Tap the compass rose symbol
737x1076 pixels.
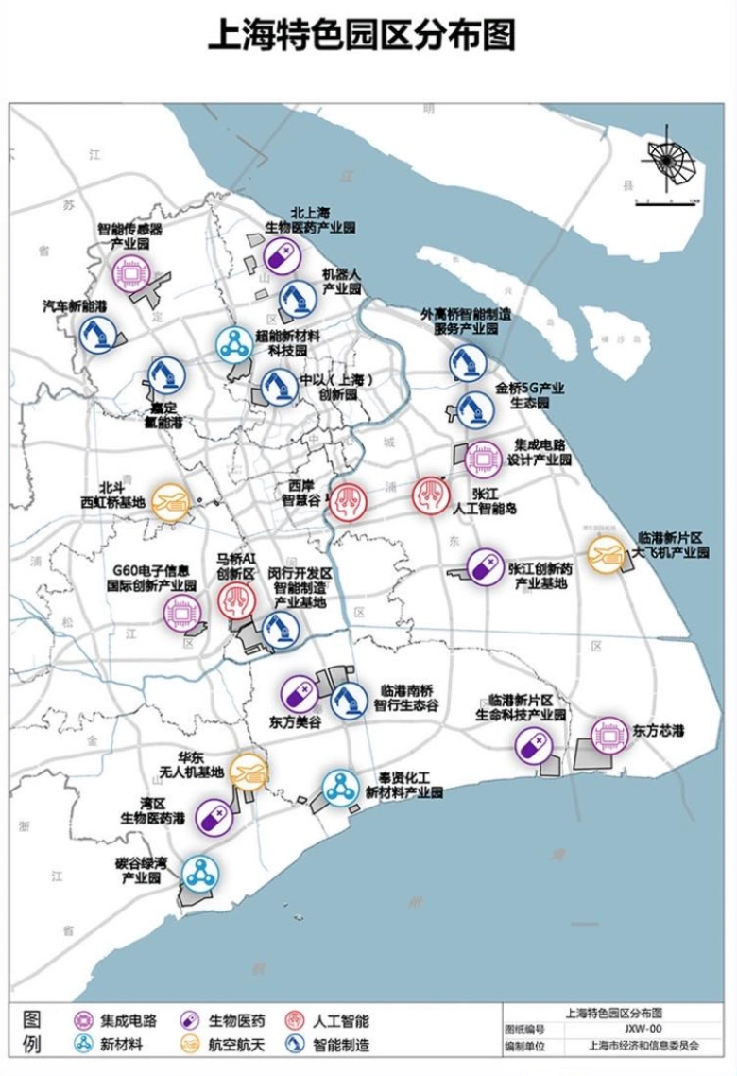point(669,161)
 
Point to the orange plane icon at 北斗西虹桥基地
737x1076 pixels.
point(171,501)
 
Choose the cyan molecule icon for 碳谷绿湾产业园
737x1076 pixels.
point(198,875)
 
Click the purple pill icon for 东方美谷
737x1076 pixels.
point(299,695)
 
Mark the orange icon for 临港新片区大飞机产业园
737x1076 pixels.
point(605,555)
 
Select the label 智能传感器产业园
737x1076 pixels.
point(130,236)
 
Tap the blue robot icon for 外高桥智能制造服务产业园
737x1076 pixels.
point(467,363)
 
